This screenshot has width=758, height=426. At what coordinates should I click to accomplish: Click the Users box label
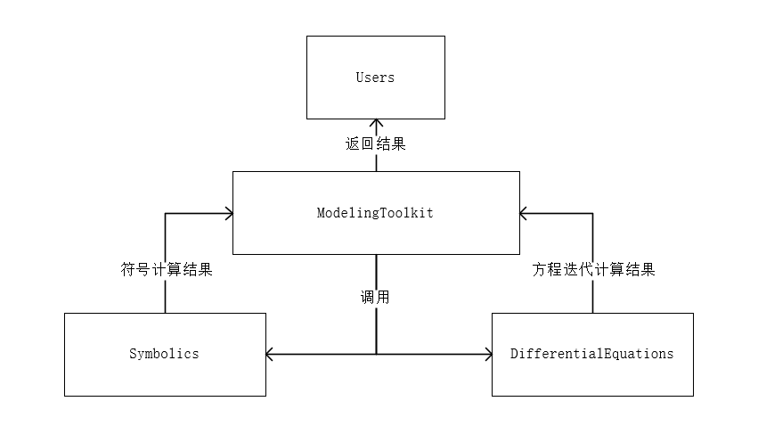pos(375,78)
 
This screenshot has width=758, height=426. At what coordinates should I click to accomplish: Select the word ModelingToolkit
pos(375,213)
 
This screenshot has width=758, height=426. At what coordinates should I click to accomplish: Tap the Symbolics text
pos(165,354)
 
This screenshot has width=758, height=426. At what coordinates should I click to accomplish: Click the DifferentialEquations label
pos(592,354)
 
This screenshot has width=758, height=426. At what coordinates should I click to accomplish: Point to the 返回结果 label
pos(375,143)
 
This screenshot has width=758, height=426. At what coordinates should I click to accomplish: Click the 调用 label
pos(375,297)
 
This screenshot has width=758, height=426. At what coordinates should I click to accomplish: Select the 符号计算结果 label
pos(167,269)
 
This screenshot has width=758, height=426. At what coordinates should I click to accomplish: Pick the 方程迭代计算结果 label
pos(593,269)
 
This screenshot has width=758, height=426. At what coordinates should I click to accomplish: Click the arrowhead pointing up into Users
pos(375,124)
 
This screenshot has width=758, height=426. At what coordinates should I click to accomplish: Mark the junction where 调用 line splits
pos(376,355)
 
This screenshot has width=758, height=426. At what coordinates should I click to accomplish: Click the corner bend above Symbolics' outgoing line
pos(166,213)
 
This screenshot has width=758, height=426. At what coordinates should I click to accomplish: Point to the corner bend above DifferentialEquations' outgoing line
pos(592,213)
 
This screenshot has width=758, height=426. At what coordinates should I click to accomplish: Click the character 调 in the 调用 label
pos(367,297)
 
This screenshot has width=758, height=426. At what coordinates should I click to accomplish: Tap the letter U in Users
pos(360,78)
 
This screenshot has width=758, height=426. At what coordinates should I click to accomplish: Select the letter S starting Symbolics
pos(133,354)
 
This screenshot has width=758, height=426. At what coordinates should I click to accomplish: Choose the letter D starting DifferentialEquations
pos(514,354)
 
